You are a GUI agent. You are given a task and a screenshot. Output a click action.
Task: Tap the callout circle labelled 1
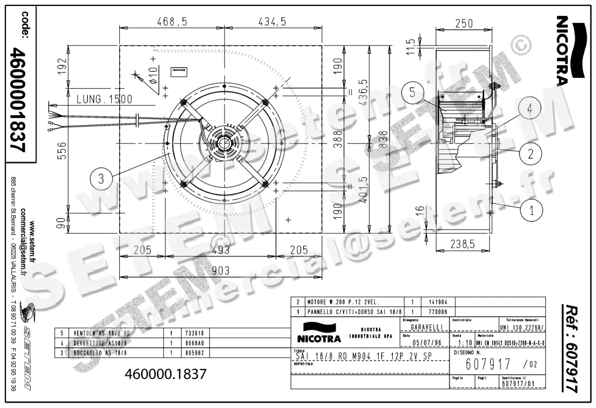pyautogui.click(x=532, y=209)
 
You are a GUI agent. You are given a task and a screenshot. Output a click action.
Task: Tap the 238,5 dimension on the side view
pyautogui.click(x=461, y=243)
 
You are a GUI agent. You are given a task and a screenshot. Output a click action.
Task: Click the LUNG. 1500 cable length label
pyautogui.click(x=104, y=99)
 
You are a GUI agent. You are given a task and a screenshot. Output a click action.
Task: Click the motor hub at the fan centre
pyautogui.click(x=225, y=143)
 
